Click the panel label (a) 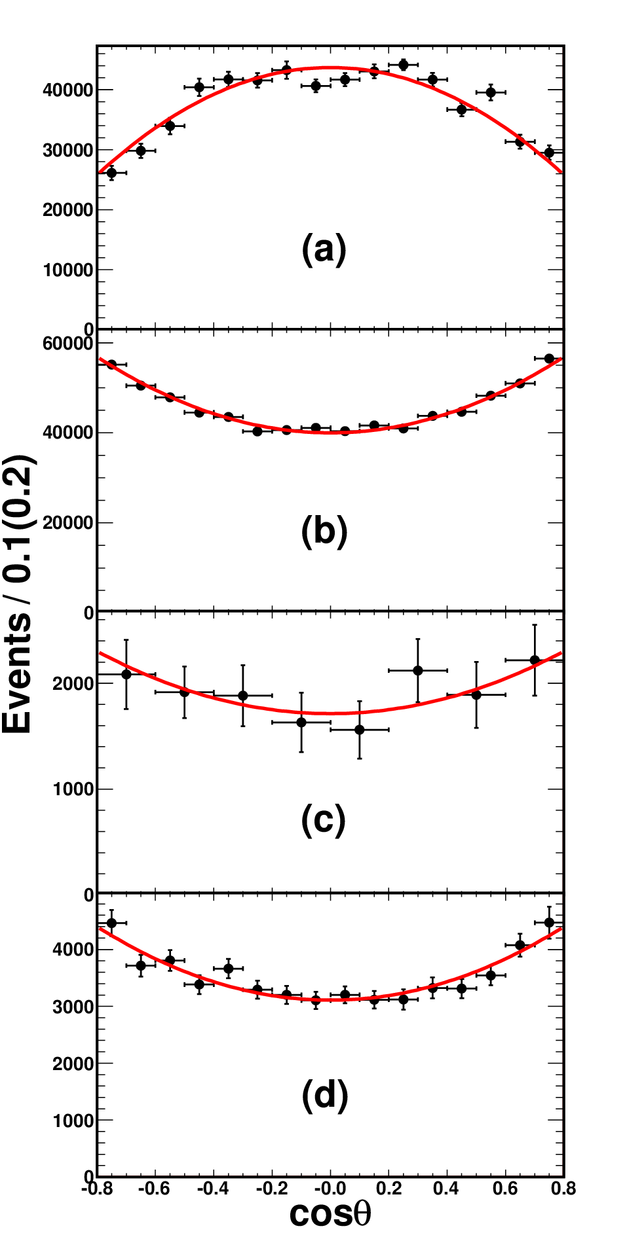click(324, 249)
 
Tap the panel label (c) click(323, 820)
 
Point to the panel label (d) click(324, 1096)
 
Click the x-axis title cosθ click(330, 1214)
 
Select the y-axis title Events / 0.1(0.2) click(18, 594)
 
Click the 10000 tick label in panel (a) click(68, 270)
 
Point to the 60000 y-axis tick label click(68, 344)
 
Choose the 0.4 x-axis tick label click(446, 1189)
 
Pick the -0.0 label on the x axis click(330, 1189)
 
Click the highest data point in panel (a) click(403, 65)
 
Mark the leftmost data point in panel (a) click(111, 173)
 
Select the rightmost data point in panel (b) click(549, 359)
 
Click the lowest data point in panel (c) click(359, 729)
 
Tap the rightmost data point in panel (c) click(535, 660)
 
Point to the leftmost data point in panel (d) click(111, 923)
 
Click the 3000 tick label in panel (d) click(73, 1007)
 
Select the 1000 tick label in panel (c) click(73, 789)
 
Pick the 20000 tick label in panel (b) click(68, 523)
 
